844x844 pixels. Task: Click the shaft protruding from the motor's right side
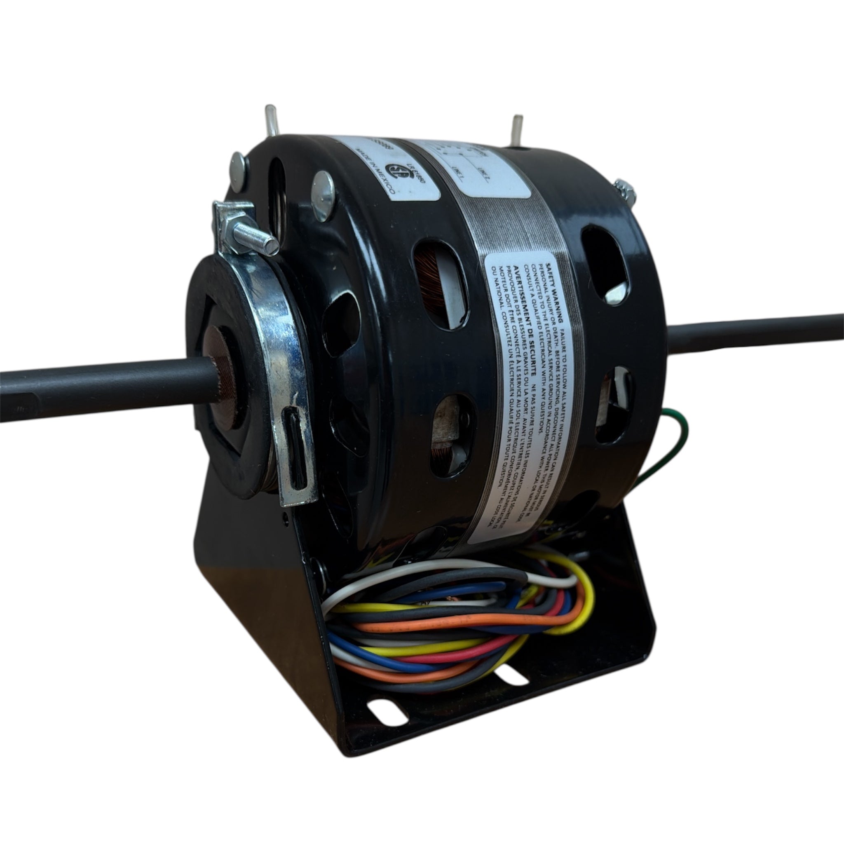pyautogui.click(x=764, y=332)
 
